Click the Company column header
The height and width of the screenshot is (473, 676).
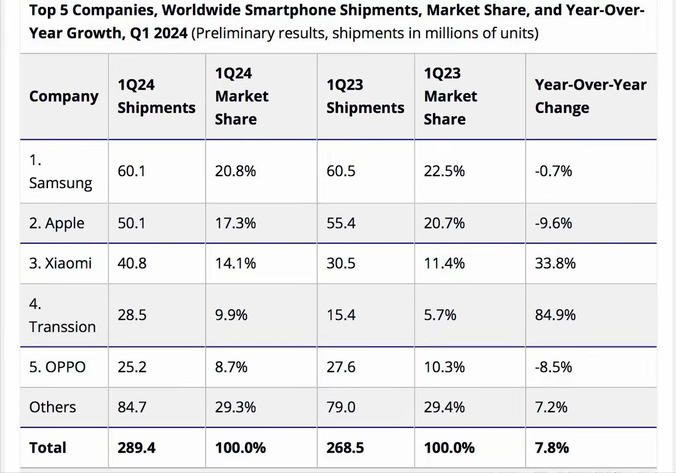tap(63, 96)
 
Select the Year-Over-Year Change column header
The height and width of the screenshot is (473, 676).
tap(590, 96)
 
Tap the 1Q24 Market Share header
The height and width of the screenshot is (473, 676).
tap(241, 96)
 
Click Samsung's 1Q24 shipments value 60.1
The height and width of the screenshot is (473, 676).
tap(131, 171)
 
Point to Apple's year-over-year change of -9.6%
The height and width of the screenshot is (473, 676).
tap(553, 223)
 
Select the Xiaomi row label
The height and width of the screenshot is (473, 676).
tap(60, 263)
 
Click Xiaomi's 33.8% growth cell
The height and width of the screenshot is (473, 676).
tap(555, 263)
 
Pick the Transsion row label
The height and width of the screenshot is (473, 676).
tap(62, 315)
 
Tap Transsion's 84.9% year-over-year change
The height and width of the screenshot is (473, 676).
tap(555, 315)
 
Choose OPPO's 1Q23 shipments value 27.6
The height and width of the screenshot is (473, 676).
tap(341, 367)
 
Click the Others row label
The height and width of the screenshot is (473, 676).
tap(52, 407)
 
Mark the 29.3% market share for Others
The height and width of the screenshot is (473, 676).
tap(235, 407)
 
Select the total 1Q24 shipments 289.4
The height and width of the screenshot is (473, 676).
tap(136, 448)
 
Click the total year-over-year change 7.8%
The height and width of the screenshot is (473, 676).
tap(551, 448)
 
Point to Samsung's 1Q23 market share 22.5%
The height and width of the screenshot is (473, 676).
tap(444, 171)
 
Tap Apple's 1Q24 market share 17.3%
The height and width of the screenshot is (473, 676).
tap(235, 223)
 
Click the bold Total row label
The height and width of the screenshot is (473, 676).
tap(47, 448)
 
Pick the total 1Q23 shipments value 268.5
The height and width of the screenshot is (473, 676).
tap(345, 448)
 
